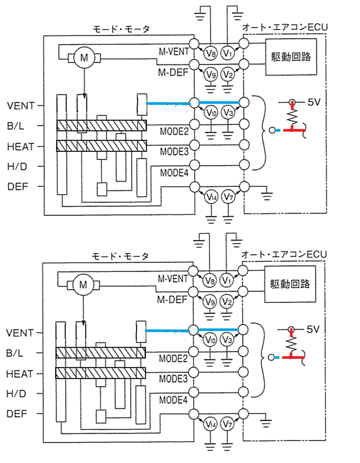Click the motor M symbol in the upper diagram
[x=84, y=57]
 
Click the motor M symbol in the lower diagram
[x=83, y=285]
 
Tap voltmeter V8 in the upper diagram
[x=210, y=53]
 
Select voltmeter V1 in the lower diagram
[x=226, y=280]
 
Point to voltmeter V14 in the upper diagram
[x=211, y=197]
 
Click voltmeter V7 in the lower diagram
[x=227, y=424]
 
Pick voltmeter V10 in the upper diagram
[x=211, y=113]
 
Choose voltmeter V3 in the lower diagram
[x=227, y=340]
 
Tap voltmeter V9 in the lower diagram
[x=210, y=301]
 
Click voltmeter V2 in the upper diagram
[x=228, y=74]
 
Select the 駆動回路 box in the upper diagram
[x=291, y=57]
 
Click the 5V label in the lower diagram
[x=313, y=330]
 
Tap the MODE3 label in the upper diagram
[x=174, y=152]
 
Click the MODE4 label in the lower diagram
[x=173, y=400]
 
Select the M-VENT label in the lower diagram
[x=173, y=279]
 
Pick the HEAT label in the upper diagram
[x=21, y=147]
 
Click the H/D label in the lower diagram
[x=16, y=394]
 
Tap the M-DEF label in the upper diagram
[x=173, y=73]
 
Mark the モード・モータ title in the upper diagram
[x=121, y=29]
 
